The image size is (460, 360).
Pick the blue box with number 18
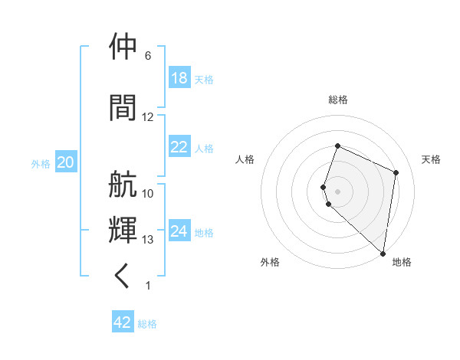click(179, 78)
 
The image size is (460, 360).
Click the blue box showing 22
click(179, 147)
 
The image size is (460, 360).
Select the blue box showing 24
click(179, 231)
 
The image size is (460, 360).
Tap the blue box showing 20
click(66, 162)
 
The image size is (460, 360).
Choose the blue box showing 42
click(123, 322)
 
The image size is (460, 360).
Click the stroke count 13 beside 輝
click(147, 240)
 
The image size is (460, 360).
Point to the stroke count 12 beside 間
click(147, 117)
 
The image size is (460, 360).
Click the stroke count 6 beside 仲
click(147, 56)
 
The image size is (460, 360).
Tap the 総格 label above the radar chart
click(338, 100)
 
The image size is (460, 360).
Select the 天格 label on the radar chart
click(431, 159)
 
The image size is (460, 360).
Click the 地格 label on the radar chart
click(402, 263)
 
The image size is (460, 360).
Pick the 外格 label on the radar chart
click(270, 263)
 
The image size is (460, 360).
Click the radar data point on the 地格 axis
click(383, 253)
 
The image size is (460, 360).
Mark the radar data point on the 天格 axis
click(396, 172)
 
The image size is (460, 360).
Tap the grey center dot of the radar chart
click(338, 191)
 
